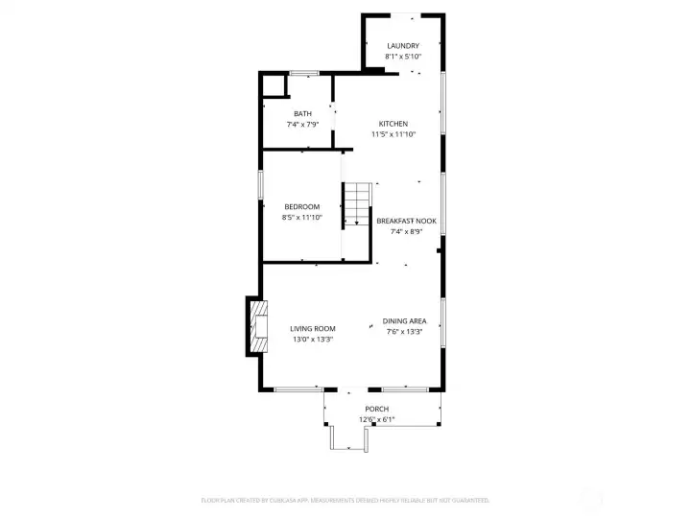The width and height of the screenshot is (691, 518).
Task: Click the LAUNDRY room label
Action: [x=403, y=46]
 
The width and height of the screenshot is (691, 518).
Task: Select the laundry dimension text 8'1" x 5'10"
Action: [x=403, y=57]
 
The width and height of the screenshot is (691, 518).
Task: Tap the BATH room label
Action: [x=302, y=114]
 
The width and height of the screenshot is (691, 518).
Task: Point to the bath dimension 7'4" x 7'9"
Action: [x=302, y=125]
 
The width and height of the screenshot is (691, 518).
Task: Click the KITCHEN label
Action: [x=393, y=124]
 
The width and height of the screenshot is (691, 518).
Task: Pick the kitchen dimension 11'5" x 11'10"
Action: [x=393, y=134]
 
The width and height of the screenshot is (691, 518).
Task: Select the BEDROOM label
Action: [x=301, y=206]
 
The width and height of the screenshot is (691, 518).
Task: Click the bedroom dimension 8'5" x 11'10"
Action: [x=301, y=218]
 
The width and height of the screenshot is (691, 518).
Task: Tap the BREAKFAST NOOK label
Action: [x=406, y=221]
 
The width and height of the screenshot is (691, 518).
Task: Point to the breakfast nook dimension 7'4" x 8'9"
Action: [x=406, y=231]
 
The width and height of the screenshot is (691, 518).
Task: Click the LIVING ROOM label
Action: [x=313, y=328]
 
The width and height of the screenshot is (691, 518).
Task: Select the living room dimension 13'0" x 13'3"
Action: [x=313, y=339]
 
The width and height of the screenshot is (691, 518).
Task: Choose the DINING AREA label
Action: [x=405, y=321]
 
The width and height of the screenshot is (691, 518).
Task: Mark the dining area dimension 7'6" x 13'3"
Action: [x=405, y=332]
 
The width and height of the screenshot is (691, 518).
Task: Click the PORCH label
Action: [x=376, y=409]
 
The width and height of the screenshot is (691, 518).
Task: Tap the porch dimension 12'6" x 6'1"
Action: [x=376, y=419]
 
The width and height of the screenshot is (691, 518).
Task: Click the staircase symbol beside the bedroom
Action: [x=357, y=203]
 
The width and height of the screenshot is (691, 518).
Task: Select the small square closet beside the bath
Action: [x=275, y=85]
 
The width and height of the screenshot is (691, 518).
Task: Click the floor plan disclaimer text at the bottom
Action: [x=345, y=500]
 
